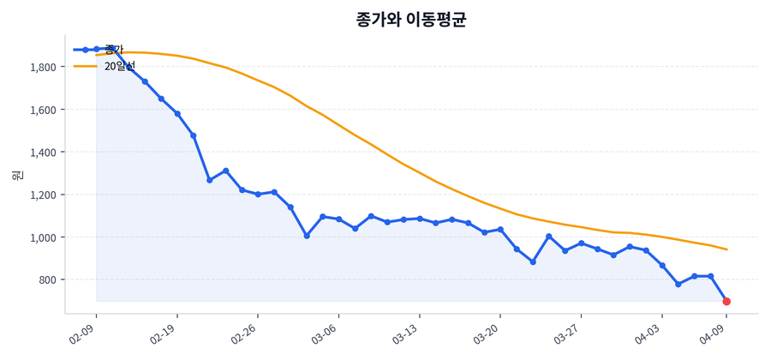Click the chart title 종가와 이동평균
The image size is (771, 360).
pos(411,20)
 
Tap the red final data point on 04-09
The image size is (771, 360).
pos(726,302)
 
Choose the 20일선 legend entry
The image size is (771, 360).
pos(119,66)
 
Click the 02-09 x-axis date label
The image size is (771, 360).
pos(83,333)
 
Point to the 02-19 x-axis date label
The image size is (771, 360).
pos(164,333)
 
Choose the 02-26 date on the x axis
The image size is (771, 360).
pos(244,333)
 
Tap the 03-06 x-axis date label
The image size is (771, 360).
pos(325,333)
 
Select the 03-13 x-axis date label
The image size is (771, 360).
pos(405,333)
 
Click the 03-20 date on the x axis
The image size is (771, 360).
pos(486,333)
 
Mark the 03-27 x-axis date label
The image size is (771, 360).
pos(567,333)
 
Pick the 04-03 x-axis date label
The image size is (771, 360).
pos(648,333)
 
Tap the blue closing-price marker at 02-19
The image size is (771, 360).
pos(177,113)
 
